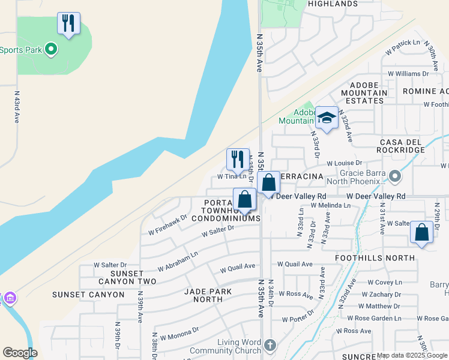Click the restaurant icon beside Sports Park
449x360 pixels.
[68, 24]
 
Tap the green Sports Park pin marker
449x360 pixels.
[51, 50]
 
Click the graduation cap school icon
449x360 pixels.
[327, 117]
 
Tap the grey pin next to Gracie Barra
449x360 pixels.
[394, 176]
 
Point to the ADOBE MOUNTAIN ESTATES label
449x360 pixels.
[364, 93]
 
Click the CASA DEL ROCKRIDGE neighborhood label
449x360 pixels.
[402, 146]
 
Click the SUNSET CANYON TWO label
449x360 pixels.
[125, 277]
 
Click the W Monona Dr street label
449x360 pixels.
[176, 333]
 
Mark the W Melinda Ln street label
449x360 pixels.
[330, 205]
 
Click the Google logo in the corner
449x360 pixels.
[20, 353]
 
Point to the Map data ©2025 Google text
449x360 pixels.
[412, 355]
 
